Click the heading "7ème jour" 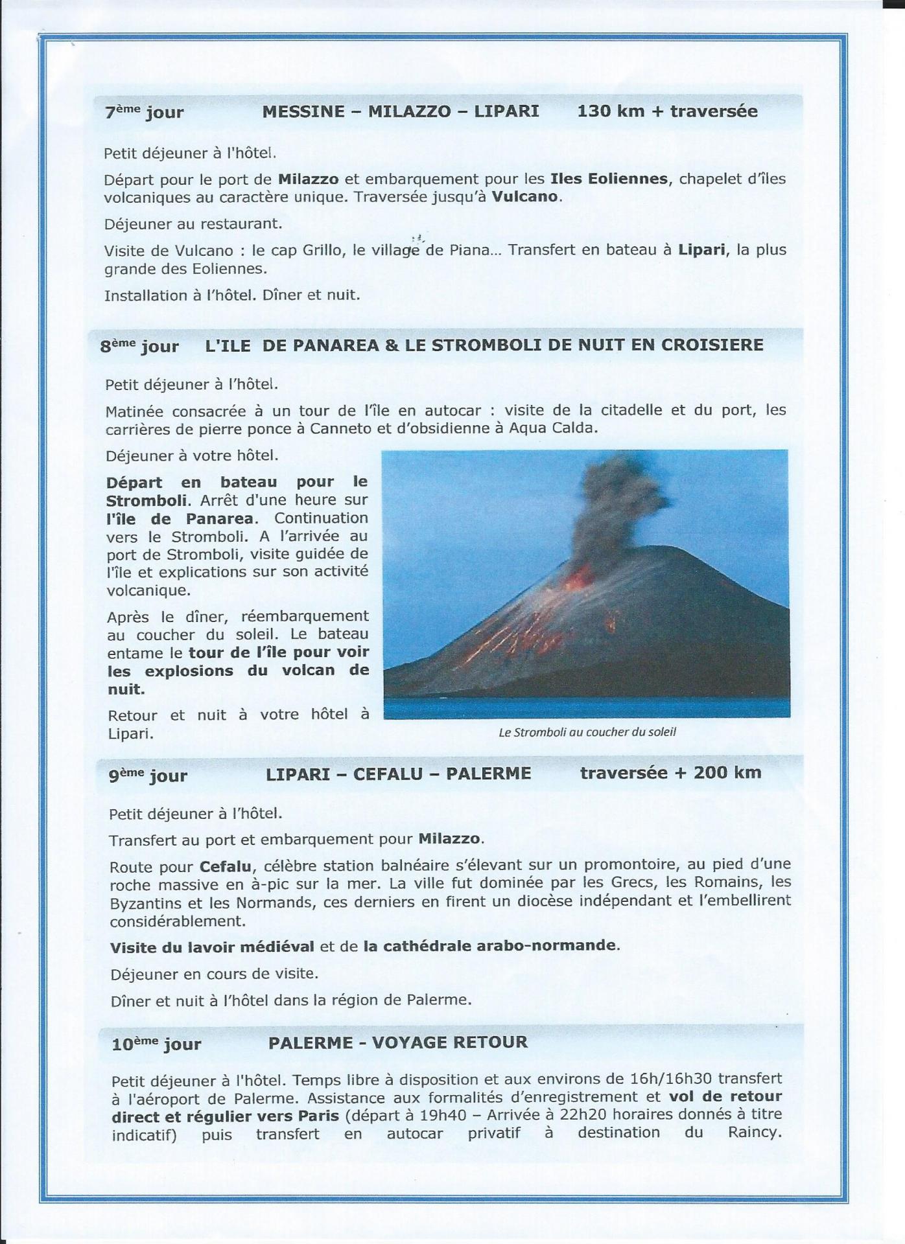(x=144, y=112)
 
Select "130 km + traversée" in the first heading (x=667, y=111)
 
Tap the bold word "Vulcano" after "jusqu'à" (x=525, y=197)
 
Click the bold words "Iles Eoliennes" (x=609, y=179)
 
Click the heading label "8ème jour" (x=139, y=346)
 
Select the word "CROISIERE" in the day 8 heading (x=712, y=345)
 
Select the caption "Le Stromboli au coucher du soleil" (x=587, y=733)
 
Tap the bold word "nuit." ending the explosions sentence (x=126, y=689)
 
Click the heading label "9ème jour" (x=148, y=776)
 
